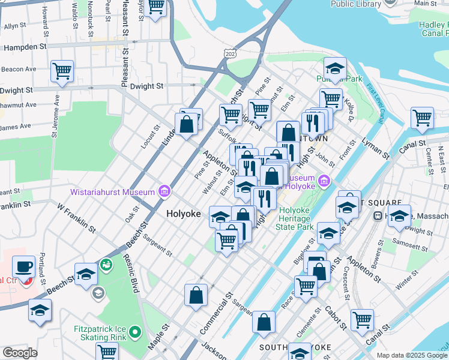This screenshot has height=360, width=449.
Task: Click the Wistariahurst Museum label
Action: (x=112, y=193)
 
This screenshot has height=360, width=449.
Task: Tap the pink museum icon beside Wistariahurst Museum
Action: (x=163, y=193)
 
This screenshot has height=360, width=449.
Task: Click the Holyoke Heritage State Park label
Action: (x=294, y=218)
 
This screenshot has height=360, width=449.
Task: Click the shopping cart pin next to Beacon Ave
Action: (x=62, y=71)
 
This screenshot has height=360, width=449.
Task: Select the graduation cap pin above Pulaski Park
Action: (x=335, y=68)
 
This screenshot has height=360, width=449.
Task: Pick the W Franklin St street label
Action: (x=76, y=218)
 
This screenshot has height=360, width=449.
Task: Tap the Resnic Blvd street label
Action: (x=131, y=274)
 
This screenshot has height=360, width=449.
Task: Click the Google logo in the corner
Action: (x=20, y=353)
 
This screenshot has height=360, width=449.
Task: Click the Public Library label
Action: (x=356, y=4)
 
